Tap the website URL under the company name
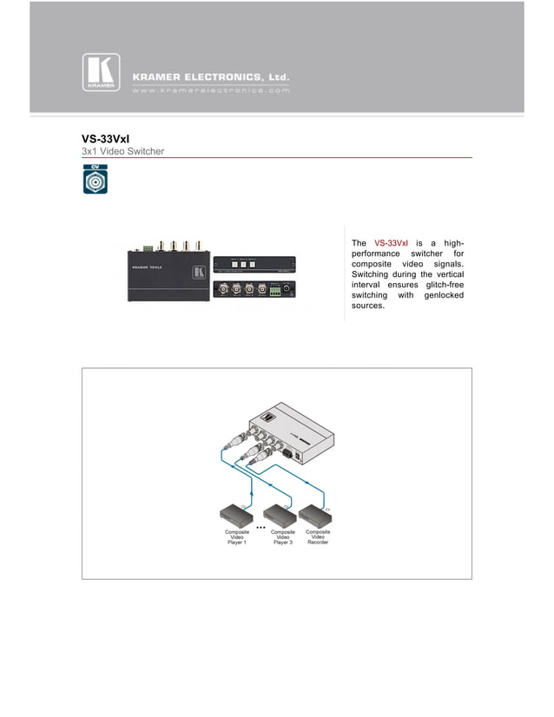coord(210,89)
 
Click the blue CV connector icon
coord(96,180)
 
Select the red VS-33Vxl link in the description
coord(391,242)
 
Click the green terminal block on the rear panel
coord(277,292)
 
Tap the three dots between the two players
coord(259,528)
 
